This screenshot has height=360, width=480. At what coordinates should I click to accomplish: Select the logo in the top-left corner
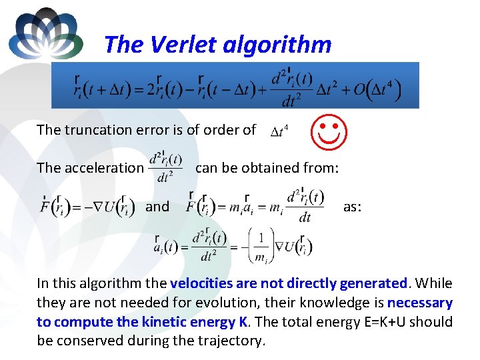[45, 33]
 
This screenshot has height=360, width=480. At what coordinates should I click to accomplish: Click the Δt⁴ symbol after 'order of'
[279, 132]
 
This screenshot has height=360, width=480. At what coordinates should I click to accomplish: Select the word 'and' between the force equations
[157, 207]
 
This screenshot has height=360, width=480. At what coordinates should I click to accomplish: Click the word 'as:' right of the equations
[352, 207]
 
